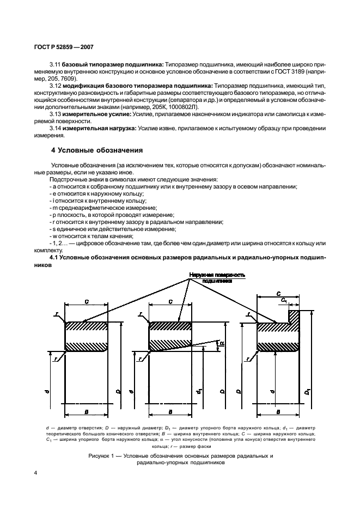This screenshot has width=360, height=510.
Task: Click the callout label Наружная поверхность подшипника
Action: [217, 278]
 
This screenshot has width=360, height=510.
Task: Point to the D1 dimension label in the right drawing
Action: [308, 392]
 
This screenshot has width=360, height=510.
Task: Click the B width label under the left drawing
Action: [87, 412]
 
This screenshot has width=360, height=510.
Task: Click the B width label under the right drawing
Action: [278, 412]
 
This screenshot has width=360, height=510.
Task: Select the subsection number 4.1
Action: [56, 257]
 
